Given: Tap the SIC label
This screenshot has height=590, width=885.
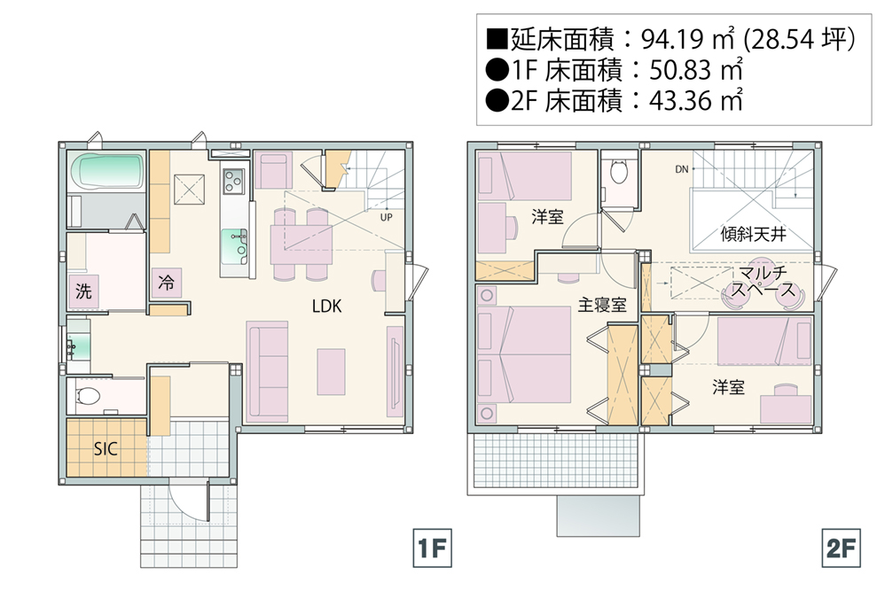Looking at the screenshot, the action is click(x=106, y=449).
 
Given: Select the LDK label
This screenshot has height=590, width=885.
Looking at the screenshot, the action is click(x=327, y=306).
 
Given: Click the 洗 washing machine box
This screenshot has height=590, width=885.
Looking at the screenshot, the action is click(x=83, y=291).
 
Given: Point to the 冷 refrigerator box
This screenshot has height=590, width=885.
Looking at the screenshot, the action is click(x=167, y=282).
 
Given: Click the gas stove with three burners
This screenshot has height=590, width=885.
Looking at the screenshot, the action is click(x=234, y=182).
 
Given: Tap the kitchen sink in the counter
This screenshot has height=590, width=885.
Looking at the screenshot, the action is click(x=234, y=246).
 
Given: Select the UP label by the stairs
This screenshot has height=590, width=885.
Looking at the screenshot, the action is click(x=386, y=217).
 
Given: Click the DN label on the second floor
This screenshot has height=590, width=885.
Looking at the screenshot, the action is click(x=682, y=169).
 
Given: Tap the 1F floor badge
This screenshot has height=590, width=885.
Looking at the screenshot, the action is click(x=433, y=547).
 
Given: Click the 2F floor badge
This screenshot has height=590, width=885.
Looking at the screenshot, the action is click(x=841, y=547).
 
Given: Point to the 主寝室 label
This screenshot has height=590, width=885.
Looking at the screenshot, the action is click(x=601, y=305).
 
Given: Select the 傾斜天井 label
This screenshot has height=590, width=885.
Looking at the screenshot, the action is click(x=753, y=234).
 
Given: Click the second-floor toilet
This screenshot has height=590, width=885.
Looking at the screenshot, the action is click(x=619, y=172).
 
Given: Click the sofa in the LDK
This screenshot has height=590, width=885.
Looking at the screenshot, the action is click(x=267, y=372).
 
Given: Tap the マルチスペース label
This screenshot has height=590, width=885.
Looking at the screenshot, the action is click(x=764, y=282).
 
